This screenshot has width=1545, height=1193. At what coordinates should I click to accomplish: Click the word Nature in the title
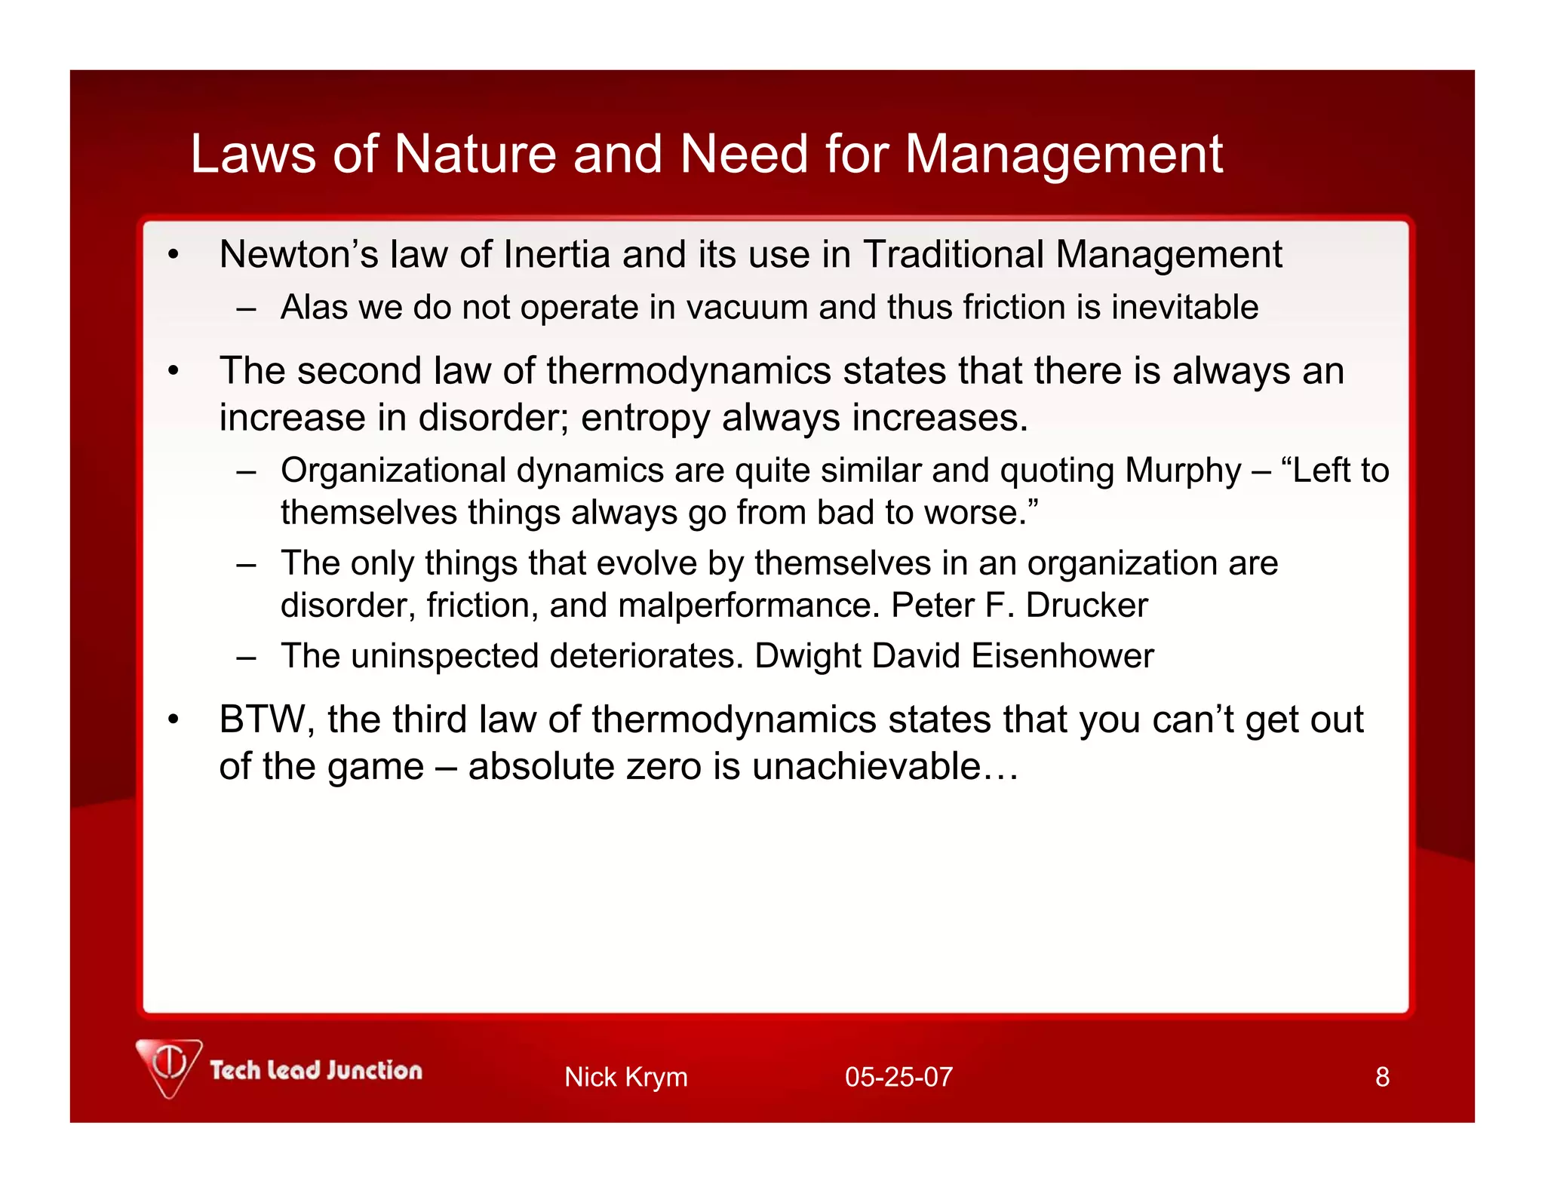tap(475, 155)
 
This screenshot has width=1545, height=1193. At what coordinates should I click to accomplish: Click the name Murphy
tap(1182, 471)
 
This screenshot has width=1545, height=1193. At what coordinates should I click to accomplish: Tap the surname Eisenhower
tap(1062, 656)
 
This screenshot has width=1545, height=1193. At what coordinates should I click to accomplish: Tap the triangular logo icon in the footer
tap(169, 1066)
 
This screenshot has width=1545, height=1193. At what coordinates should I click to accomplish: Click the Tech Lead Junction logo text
tap(316, 1070)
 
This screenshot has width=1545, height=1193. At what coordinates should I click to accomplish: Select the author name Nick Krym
tap(625, 1077)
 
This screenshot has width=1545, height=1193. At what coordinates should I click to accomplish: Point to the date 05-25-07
tap(898, 1077)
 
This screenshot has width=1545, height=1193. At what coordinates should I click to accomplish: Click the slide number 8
tap(1382, 1077)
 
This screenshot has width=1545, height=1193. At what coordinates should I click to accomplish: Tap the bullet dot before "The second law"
tap(174, 372)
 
